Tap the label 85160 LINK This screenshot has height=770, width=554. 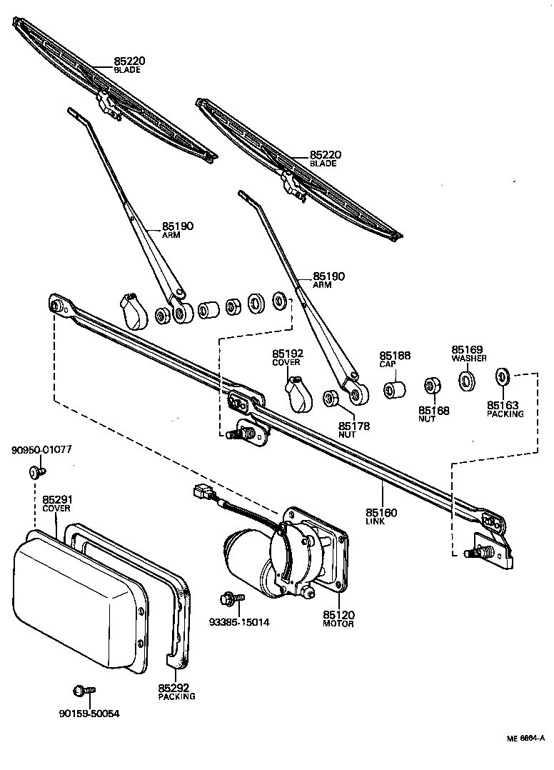(x=381, y=516)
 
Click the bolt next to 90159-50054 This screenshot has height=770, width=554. (x=83, y=691)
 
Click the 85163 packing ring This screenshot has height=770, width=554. (x=502, y=375)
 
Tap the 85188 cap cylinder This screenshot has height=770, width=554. (x=395, y=390)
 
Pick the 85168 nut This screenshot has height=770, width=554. (x=431, y=386)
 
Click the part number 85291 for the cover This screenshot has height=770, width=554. (x=56, y=499)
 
